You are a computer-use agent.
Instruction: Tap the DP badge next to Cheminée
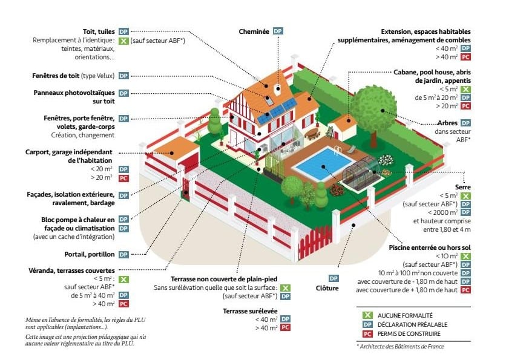tap(277, 31)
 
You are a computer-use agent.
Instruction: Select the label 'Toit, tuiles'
tap(99, 31)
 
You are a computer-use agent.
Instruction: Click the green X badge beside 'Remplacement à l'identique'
tap(123, 41)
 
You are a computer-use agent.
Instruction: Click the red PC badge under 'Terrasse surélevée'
tap(286, 327)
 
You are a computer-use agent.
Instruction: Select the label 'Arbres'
tap(447, 122)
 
